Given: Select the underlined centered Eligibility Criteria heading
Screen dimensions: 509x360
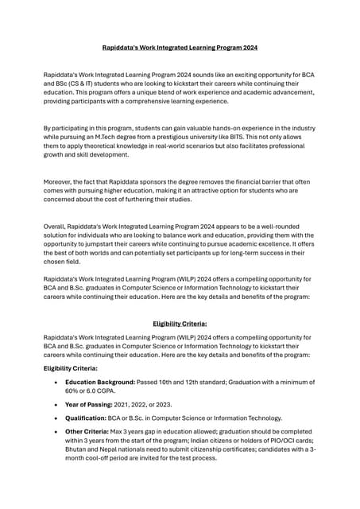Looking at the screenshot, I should click(180, 324).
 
